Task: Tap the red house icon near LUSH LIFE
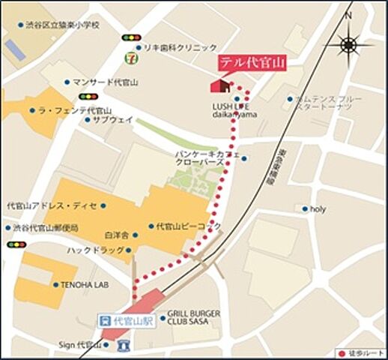point(218,85)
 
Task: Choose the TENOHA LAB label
point(84,285)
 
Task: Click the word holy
point(318,209)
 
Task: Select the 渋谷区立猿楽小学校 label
point(61,25)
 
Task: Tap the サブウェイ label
point(113,119)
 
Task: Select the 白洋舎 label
point(118,235)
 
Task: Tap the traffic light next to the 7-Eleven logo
point(131,37)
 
